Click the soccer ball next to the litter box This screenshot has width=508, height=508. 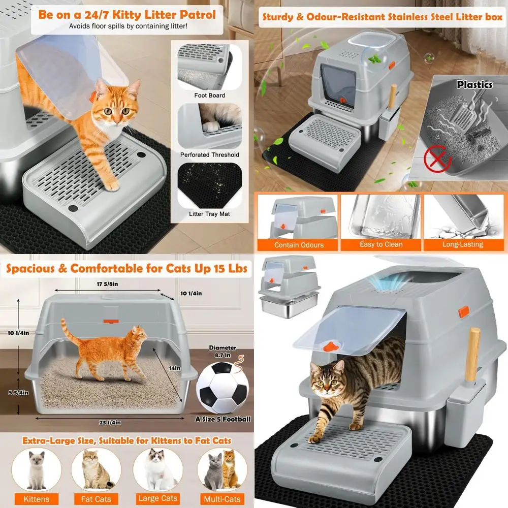coord(223,388)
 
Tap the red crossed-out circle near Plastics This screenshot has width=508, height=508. coord(438,158)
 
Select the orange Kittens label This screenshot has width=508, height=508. coord(36,499)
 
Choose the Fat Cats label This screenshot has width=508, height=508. coord(96,499)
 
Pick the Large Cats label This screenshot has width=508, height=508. coord(158,498)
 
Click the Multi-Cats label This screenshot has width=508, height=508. coord(223,499)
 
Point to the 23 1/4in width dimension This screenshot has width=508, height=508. coord(110,423)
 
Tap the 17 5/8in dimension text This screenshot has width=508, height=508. coord(108,284)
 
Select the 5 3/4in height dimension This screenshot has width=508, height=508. coord(18,393)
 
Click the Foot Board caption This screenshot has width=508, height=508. coord(210,96)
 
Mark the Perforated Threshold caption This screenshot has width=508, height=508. coord(210,155)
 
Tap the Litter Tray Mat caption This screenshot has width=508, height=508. coord(210,214)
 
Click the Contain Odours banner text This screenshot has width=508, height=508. coord(299,245)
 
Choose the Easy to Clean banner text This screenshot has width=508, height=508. coord(382,245)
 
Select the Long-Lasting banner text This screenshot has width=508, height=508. coord(463,245)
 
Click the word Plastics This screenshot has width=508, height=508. coord(474,85)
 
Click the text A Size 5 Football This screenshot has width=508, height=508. coord(223,419)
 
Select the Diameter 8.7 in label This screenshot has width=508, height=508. coord(223,351)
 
